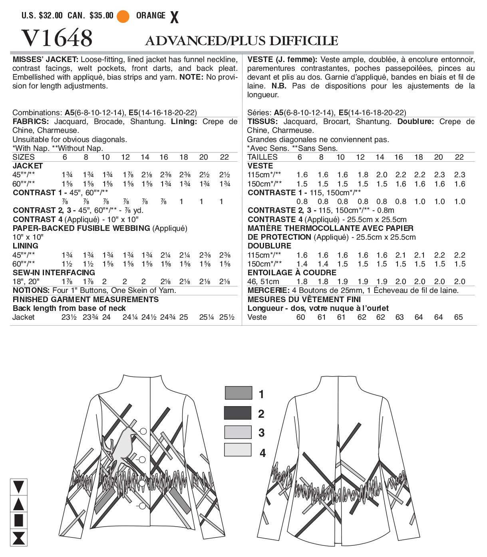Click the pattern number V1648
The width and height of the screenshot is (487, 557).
tap(57, 38)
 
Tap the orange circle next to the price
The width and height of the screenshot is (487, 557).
tap(123, 16)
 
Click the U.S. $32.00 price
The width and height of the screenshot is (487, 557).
tap(42, 16)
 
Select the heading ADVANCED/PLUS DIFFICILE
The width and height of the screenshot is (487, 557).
tap(242, 41)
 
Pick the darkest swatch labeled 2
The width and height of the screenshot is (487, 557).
tap(238, 413)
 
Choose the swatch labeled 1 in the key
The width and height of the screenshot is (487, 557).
tap(239, 393)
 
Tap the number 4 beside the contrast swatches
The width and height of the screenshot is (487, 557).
tap(262, 453)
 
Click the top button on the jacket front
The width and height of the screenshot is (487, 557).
tap(143, 431)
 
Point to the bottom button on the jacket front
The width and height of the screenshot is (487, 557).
tap(142, 506)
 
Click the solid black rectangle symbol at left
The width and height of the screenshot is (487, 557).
tap(19, 520)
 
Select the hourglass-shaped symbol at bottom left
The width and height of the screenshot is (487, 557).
tap(19, 538)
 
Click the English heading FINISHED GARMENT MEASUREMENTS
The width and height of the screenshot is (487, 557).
tap(85, 299)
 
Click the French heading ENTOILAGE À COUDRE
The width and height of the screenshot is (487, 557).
tap(292, 272)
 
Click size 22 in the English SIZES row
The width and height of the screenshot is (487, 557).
tap(225, 157)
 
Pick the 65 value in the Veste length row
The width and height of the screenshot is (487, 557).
tap(458, 317)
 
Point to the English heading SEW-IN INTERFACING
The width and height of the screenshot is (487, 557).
tap(54, 272)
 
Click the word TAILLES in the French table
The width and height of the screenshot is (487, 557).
tap(262, 157)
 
